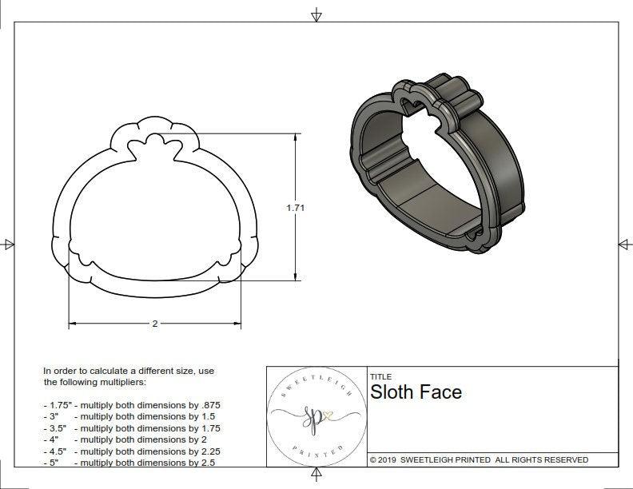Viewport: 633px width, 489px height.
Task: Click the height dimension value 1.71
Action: click(x=296, y=208)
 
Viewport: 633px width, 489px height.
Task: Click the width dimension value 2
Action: click(x=154, y=324)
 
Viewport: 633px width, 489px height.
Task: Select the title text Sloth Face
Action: click(x=416, y=392)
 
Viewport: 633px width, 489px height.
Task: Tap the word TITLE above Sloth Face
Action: click(x=380, y=376)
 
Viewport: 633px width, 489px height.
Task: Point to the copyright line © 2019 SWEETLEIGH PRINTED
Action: click(x=479, y=459)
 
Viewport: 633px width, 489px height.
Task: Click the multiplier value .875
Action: click(x=209, y=405)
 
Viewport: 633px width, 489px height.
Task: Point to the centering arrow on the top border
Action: click(x=316, y=14)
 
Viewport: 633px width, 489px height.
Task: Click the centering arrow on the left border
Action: click(x=9, y=244)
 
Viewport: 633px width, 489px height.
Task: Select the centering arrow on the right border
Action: click(x=624, y=244)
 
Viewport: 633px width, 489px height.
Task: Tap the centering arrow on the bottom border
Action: click(x=316, y=475)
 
